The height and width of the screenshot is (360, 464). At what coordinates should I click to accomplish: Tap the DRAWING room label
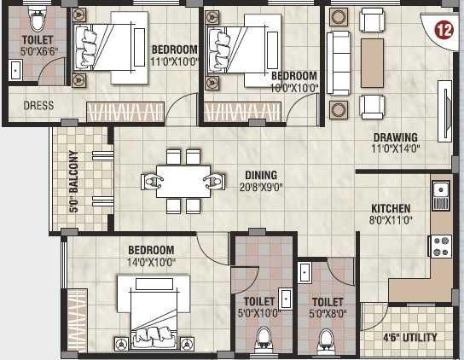click(x=393, y=137)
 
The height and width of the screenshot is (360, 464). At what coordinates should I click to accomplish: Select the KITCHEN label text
click(x=391, y=208)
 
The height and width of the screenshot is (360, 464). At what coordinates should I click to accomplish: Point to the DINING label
click(x=260, y=175)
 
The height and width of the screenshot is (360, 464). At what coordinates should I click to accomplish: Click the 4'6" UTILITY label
click(x=409, y=338)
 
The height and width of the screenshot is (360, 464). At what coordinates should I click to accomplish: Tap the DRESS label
click(x=38, y=107)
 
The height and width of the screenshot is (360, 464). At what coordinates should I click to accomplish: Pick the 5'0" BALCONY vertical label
click(x=73, y=181)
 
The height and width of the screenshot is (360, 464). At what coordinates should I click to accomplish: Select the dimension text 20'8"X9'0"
click(x=260, y=187)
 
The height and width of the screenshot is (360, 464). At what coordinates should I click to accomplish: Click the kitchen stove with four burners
click(x=442, y=247)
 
